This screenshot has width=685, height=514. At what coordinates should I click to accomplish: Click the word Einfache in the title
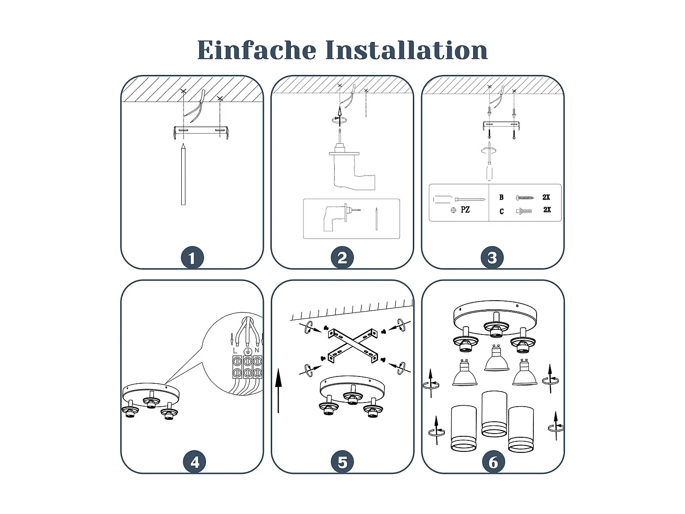(256, 50)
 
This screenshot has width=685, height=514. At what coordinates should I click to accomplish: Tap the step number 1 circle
(192, 258)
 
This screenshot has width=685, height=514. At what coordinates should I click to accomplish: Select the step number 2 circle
(342, 258)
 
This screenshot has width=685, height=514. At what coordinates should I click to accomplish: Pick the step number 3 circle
(492, 258)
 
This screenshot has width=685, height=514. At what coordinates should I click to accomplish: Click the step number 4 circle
(195, 462)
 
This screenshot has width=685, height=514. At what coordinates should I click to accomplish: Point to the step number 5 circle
(342, 462)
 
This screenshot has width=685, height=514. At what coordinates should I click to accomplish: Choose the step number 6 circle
(493, 462)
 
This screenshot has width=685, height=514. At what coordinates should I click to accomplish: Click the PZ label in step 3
(465, 210)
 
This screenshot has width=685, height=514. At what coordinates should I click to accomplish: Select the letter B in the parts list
(501, 197)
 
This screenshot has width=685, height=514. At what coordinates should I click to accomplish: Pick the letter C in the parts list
(501, 211)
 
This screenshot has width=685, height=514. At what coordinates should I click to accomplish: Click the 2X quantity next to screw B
(546, 197)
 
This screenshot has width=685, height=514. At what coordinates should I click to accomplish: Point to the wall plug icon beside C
(524, 211)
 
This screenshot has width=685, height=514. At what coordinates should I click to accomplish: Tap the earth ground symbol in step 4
(248, 351)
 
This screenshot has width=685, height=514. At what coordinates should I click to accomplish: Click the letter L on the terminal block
(235, 350)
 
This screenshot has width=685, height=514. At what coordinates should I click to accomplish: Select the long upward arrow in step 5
(279, 391)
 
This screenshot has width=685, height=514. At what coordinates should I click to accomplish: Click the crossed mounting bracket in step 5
(353, 344)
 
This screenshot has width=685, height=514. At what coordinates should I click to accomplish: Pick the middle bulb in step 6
(496, 359)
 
